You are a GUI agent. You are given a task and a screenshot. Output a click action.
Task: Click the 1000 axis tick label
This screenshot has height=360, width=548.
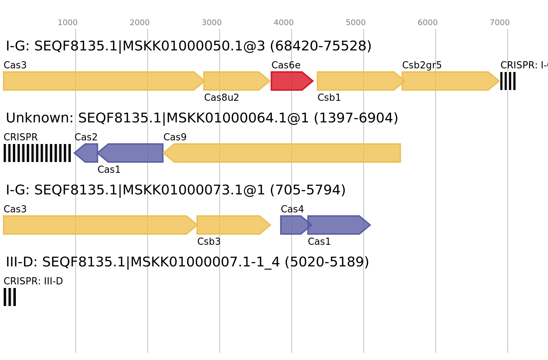coord(68,23)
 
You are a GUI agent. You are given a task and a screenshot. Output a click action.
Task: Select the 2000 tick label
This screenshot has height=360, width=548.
coord(140,23)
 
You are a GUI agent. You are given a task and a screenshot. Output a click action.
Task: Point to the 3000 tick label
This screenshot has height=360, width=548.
coord(212,23)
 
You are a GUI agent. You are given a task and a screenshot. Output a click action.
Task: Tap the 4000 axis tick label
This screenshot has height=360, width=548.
coord(284,23)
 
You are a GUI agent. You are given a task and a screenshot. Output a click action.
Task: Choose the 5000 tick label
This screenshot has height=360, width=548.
coord(356,23)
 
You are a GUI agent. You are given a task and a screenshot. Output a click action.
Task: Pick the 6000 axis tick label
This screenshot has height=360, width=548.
coord(428,23)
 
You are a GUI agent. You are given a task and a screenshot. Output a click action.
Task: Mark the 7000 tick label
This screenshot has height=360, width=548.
coord(500,23)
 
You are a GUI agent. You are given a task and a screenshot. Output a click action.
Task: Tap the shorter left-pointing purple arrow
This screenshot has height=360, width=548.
coord(87,153)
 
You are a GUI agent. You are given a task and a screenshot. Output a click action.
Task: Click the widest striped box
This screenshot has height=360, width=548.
coord(37,153)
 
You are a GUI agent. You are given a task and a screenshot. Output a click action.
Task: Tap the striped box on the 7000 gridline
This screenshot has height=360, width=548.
coord(508,81)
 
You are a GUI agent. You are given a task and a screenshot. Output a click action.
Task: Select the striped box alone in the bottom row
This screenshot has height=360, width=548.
coord(10,297)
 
